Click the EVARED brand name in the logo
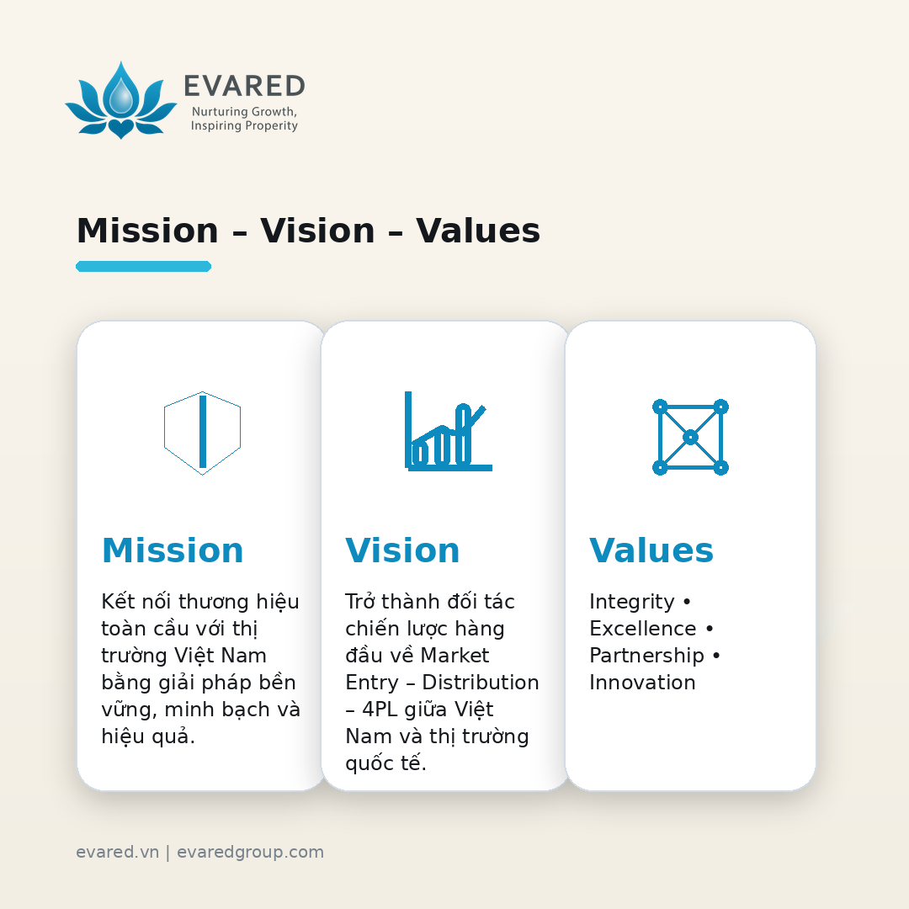[x=245, y=87]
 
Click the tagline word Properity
[x=271, y=125]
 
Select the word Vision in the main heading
[x=317, y=230]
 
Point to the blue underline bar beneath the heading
[x=143, y=266]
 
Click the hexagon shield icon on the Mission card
[x=202, y=433]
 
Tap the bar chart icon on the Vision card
[x=448, y=431]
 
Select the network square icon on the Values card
[x=690, y=437]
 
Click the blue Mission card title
[x=173, y=550]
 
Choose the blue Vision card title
[x=402, y=550]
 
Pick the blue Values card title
[x=651, y=550]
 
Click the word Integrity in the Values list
[x=632, y=603]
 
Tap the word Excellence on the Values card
[x=643, y=629]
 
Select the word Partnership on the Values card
[x=646, y=656]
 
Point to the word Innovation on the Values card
[x=642, y=683]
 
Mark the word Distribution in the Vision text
[x=481, y=683]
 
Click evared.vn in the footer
[x=117, y=852]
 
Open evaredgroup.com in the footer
[x=251, y=853]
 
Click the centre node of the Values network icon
[x=690, y=437]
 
